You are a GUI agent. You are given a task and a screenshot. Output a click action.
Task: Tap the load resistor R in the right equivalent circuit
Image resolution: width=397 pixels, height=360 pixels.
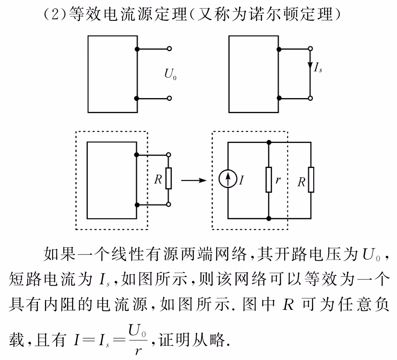pos(311,180)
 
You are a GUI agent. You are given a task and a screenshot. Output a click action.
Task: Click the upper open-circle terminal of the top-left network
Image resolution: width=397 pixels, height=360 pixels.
pos(169,49)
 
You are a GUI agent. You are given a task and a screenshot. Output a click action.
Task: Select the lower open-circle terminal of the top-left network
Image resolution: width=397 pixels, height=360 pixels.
pos(169,98)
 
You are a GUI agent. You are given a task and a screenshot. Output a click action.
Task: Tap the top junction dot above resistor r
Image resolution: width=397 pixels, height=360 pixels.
pos(269,142)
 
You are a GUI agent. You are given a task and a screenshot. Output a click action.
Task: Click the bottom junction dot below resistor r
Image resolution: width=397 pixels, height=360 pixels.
pos(269,219)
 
